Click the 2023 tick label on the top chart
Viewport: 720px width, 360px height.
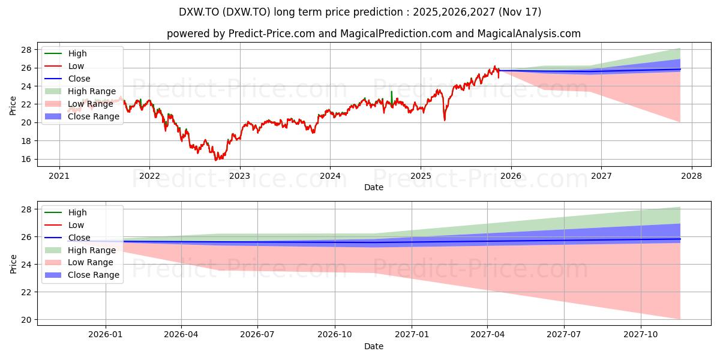(240, 176)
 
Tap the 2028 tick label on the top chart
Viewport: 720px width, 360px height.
(692, 176)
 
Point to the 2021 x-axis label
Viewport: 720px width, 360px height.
(59, 176)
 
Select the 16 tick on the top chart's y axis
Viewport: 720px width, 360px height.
(26, 159)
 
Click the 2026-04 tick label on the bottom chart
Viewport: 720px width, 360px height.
(181, 335)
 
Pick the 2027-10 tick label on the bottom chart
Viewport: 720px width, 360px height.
(641, 335)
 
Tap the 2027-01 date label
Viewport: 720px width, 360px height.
(412, 335)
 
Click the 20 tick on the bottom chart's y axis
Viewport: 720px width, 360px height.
(26, 320)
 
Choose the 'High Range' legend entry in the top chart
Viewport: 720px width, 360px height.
(80, 91)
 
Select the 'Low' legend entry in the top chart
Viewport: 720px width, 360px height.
(64, 66)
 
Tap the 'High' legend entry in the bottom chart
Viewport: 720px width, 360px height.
(65, 212)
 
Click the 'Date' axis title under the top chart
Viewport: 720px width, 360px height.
(373, 187)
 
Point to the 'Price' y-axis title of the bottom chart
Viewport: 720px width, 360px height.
(13, 264)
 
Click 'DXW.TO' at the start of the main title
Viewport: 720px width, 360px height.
(199, 12)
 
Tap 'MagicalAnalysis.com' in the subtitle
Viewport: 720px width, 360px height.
(529, 34)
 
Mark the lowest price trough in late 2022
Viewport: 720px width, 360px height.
(216, 160)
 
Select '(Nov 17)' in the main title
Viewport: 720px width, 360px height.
(520, 12)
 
